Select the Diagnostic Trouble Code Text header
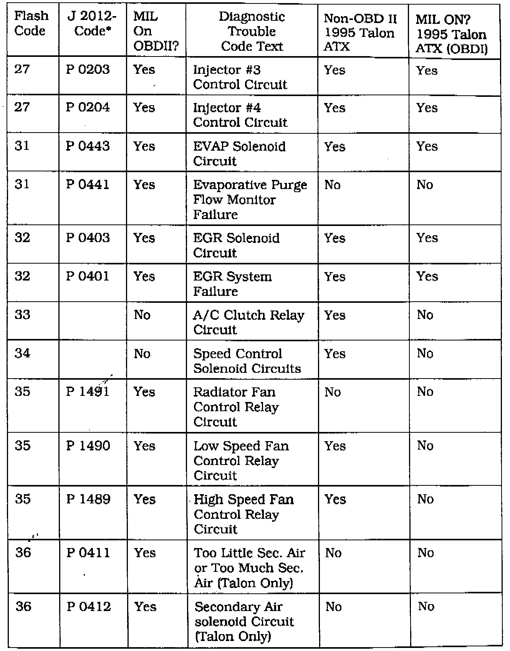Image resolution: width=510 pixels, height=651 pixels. tap(252, 31)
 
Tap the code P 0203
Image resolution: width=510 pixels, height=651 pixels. tap(88, 70)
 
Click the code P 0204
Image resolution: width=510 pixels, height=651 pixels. tap(88, 107)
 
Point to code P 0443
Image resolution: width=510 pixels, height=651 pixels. tap(88, 146)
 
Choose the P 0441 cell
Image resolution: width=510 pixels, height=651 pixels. tap(88, 184)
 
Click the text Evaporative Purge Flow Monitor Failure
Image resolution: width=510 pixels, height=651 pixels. tap(250, 199)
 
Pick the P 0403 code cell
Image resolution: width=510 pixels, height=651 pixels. tap(88, 238)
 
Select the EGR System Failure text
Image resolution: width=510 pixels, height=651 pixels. tap(232, 284)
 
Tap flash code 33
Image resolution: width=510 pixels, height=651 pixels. tap(22, 315)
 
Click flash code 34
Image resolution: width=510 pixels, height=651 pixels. tap(22, 353)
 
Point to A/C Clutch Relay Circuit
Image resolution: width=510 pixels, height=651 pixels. tap(248, 322)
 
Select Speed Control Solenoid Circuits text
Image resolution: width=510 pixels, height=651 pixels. tap(247, 361)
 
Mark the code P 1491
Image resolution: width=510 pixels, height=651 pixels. tap(88, 392)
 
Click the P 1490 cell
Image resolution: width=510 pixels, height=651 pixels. tap(88, 446)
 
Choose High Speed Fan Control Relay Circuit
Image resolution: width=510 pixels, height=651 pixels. tap(243, 514)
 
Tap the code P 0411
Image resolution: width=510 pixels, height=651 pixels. tap(88, 553)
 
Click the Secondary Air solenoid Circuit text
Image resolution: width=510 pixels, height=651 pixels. tap(244, 621)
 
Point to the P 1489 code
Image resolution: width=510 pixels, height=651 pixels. tap(88, 499)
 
